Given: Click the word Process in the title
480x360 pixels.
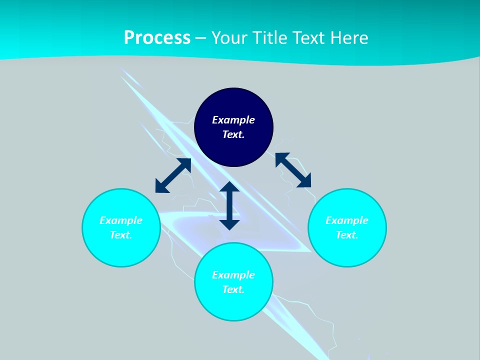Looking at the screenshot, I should (x=157, y=38).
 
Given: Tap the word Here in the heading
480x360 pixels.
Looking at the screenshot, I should (x=349, y=38).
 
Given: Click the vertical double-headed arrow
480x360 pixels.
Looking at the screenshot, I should (x=229, y=205).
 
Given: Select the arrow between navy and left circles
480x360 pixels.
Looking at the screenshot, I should (x=173, y=175).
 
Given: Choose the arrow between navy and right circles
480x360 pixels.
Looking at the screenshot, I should (x=293, y=170).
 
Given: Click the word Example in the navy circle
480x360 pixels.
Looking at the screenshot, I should (x=233, y=120).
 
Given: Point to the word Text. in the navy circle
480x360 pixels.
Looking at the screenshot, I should (x=233, y=134).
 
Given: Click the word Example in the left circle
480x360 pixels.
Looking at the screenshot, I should (x=121, y=220).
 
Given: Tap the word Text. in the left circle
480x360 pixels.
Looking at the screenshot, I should (x=121, y=235).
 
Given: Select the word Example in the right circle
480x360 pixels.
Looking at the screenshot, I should (x=347, y=220).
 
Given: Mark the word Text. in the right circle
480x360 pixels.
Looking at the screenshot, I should (x=347, y=235).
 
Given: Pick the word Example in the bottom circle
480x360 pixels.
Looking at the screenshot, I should (x=233, y=275).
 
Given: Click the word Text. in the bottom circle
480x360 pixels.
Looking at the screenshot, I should (x=233, y=289).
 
